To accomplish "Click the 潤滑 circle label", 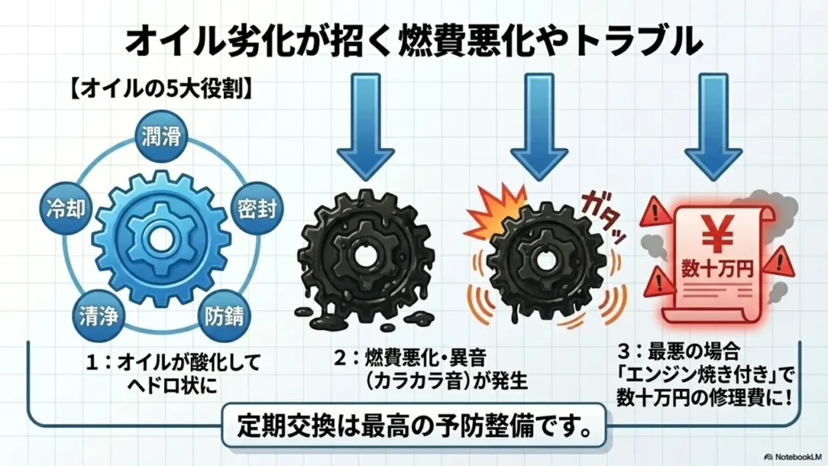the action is coord(161,136).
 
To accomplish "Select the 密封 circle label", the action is coord(257,209).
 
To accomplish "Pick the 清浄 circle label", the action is coord(98,316).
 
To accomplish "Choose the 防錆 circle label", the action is coord(225,316).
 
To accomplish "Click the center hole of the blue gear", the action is coord(161,239).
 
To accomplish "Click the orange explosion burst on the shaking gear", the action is coord(496,211).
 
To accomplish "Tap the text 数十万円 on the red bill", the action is coord(716,269).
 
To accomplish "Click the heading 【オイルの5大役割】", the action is coord(161,88).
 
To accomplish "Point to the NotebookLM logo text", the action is coord(793,456).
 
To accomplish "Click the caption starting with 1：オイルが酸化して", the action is coord(174,374).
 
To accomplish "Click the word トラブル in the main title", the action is coord(637,41).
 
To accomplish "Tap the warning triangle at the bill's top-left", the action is coord(655,212).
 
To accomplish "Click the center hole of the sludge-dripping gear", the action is coord(364,256).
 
